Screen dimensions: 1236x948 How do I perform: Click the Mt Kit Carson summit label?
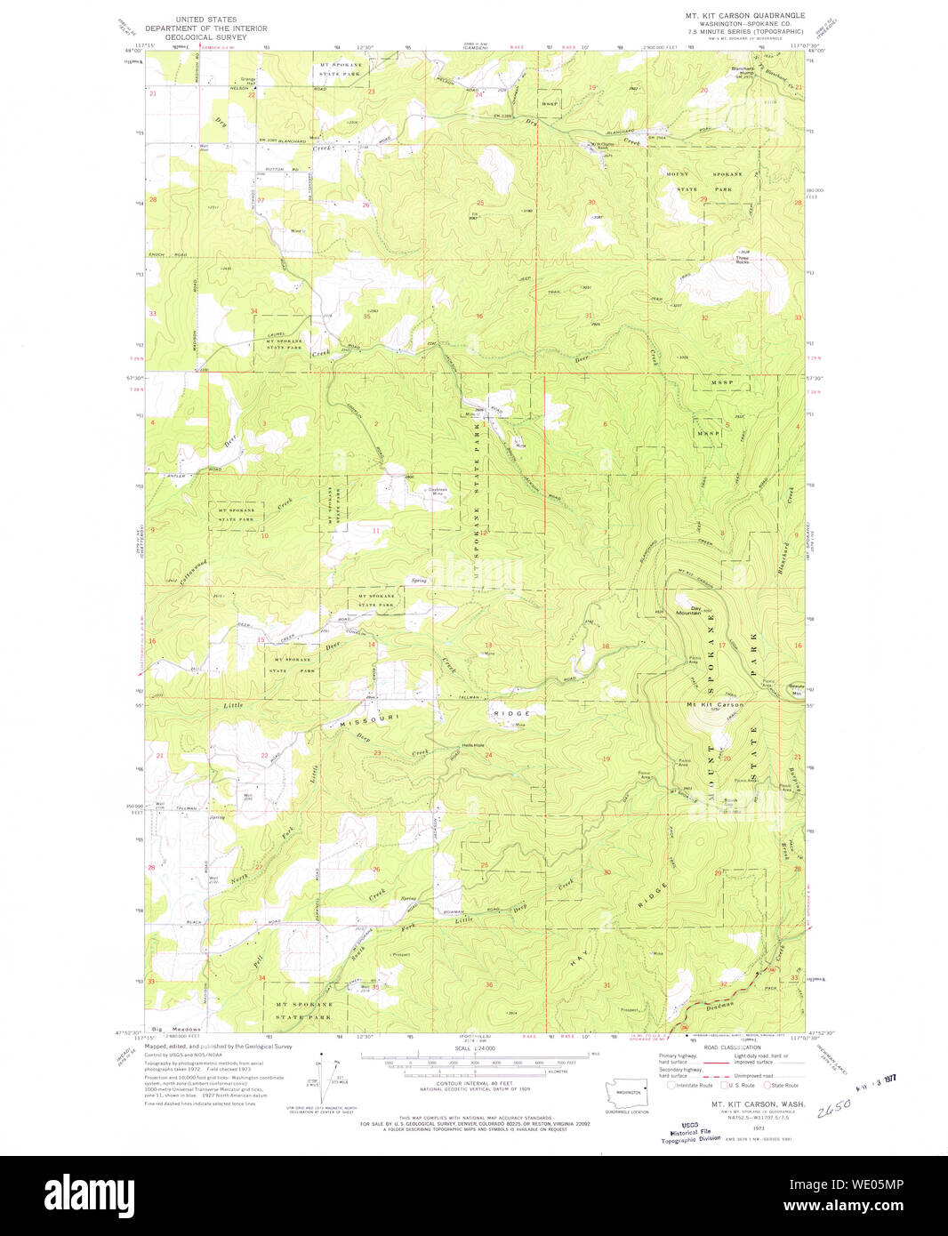click(x=716, y=704)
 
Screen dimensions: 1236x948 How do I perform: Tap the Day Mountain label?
click(x=688, y=610)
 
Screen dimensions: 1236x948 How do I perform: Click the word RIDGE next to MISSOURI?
click(x=511, y=713)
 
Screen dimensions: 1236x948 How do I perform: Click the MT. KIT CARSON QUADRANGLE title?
click(x=744, y=15)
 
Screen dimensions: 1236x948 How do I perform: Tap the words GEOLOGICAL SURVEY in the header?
click(x=200, y=39)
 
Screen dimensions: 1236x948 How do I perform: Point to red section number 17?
click(x=722, y=645)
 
